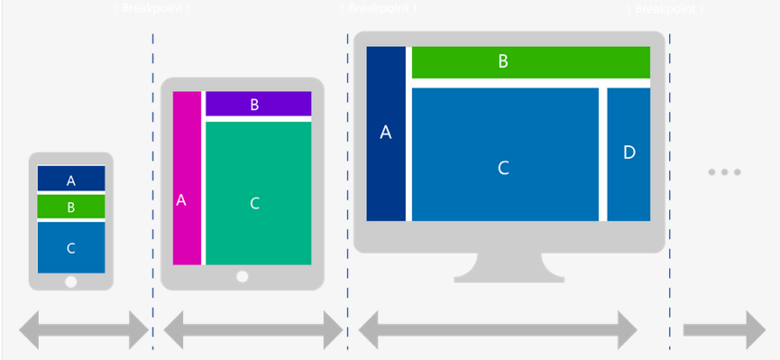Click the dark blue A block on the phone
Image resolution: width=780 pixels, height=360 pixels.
point(71,179)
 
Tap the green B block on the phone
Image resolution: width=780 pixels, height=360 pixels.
point(71,207)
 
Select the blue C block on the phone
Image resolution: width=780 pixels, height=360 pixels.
point(71,247)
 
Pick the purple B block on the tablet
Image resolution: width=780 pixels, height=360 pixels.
point(258,104)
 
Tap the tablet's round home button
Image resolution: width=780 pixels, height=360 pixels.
point(242,277)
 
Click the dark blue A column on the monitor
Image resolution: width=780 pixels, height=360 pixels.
point(386,134)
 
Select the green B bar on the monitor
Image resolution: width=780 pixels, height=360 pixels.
point(530,62)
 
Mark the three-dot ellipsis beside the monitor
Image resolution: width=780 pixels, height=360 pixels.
point(724,171)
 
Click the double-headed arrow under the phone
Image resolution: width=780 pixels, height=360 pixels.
point(84,330)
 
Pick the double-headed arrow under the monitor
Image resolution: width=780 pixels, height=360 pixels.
point(498,330)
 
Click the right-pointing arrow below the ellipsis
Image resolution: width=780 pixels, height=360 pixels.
point(724,330)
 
